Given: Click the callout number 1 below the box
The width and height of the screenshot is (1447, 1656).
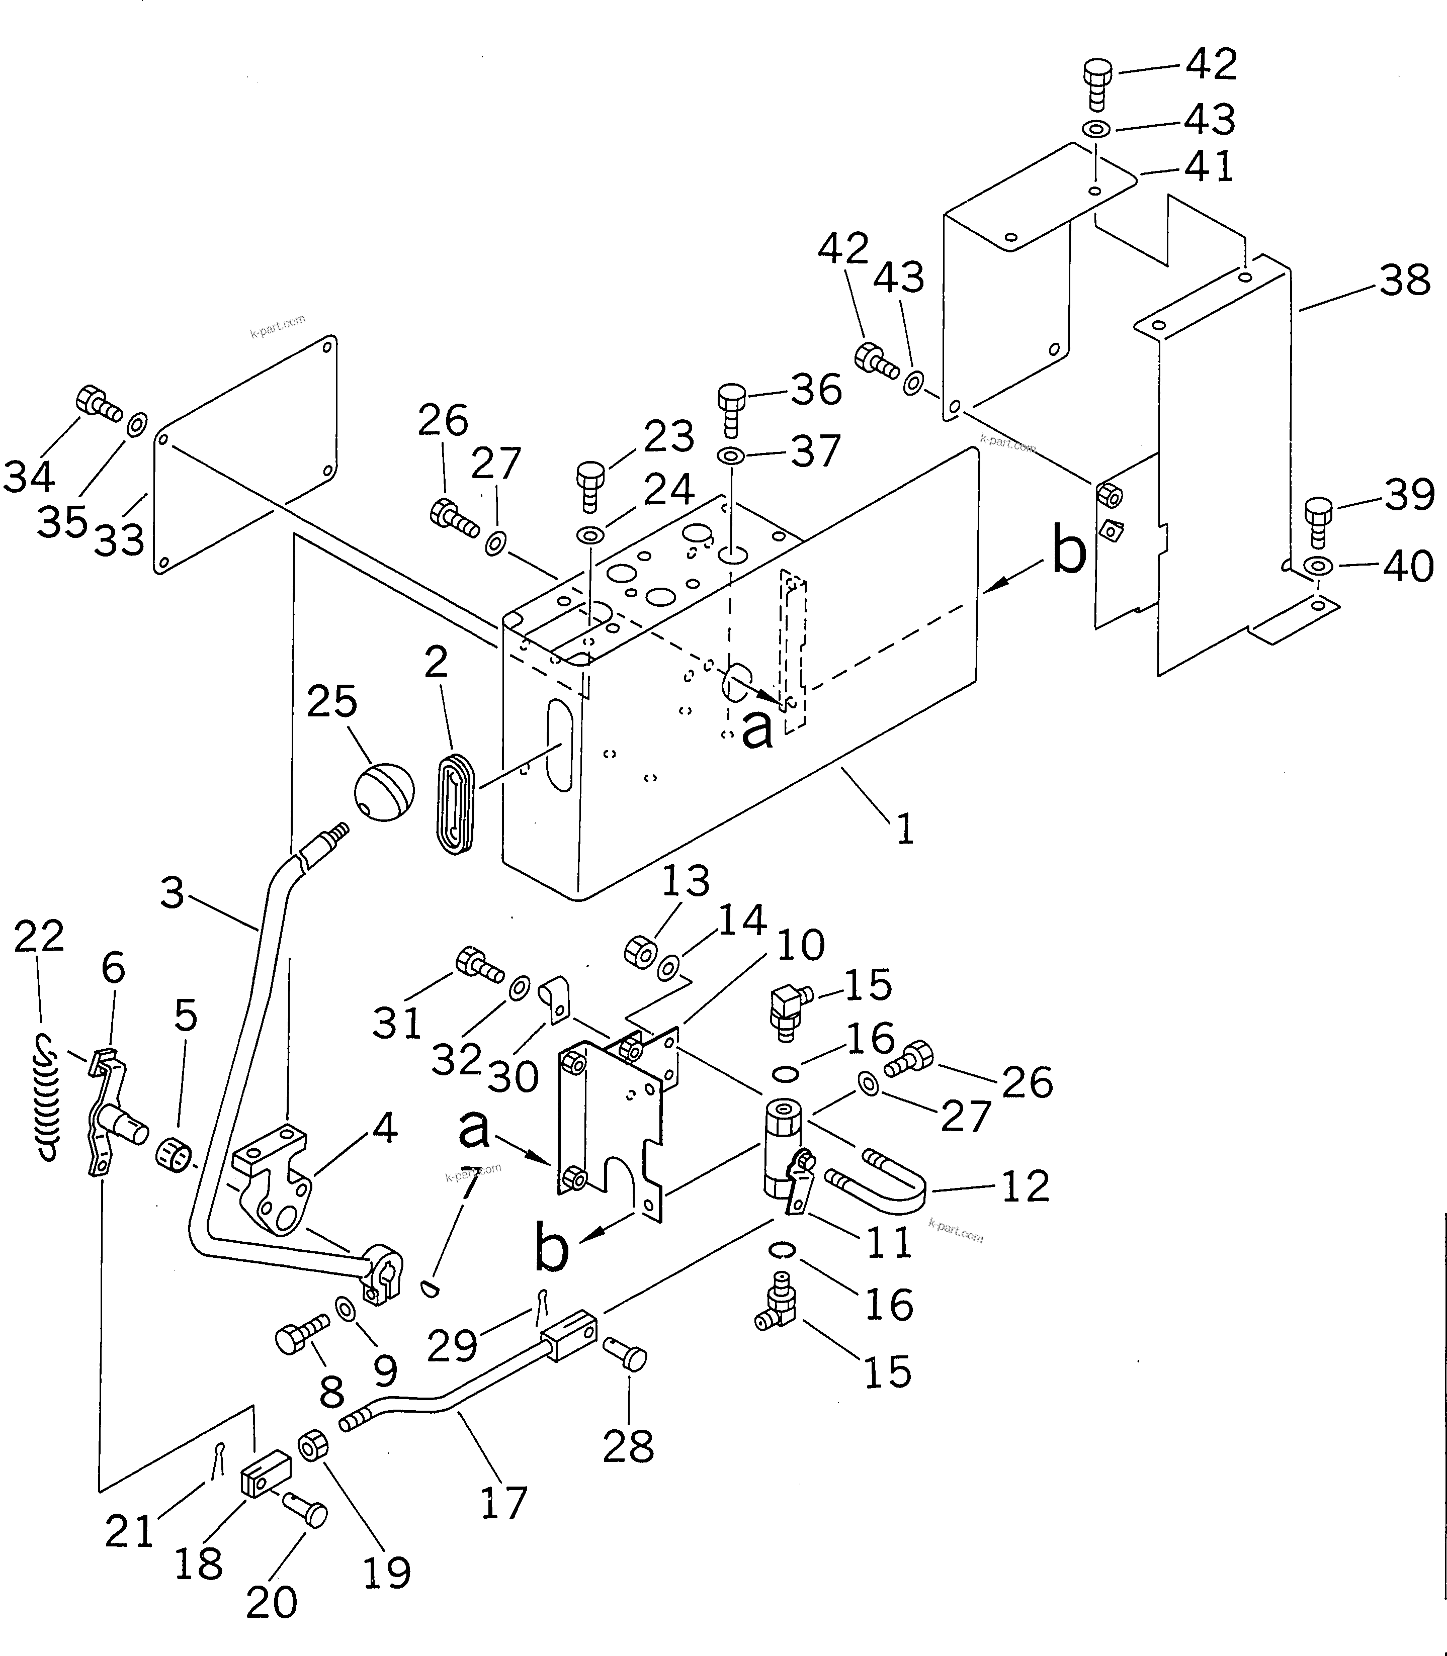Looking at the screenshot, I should [x=905, y=829].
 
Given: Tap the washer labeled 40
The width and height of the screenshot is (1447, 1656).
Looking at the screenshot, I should [x=1318, y=566].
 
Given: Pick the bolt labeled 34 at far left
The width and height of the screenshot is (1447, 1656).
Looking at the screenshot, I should [x=97, y=404].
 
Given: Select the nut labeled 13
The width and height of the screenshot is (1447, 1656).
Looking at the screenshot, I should [x=642, y=952].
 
